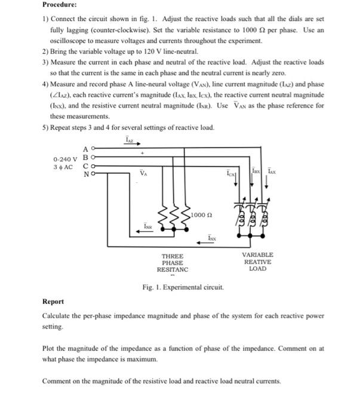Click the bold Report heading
54,302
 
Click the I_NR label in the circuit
147,226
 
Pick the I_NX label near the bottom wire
212,238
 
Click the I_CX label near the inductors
231,174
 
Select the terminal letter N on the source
85,174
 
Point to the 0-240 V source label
64,159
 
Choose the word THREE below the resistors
172,256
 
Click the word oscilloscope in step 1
70,41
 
